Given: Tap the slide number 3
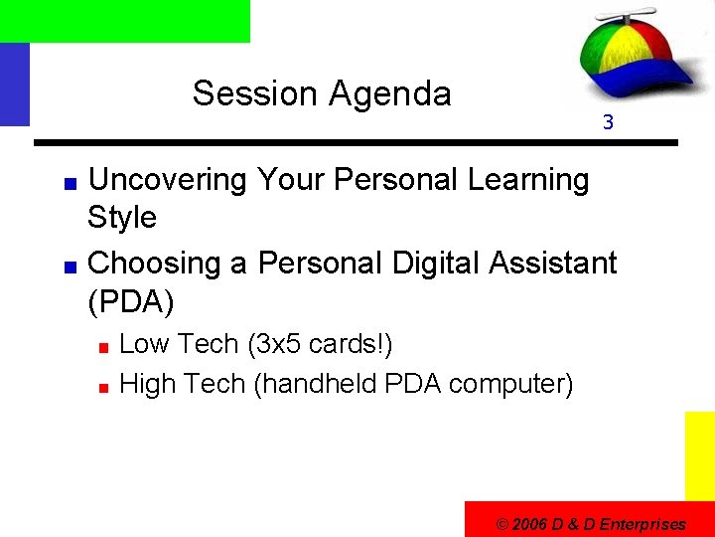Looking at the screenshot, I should click(x=608, y=124).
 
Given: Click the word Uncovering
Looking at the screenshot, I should click(x=168, y=180).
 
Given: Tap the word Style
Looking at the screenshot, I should click(x=122, y=218).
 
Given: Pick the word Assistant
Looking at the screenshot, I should click(x=556, y=264).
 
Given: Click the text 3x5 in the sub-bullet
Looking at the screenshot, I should click(x=277, y=345).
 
